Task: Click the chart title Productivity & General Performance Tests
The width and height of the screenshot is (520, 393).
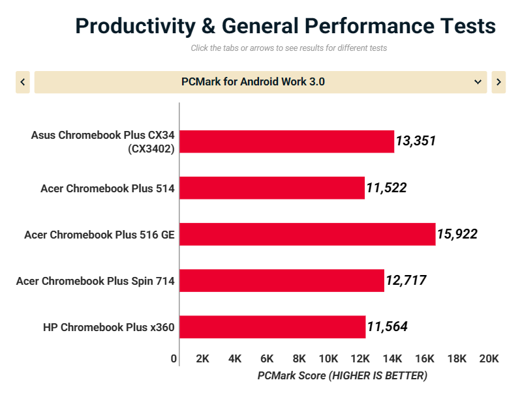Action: click(285, 26)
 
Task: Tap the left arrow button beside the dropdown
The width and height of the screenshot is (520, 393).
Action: click(23, 82)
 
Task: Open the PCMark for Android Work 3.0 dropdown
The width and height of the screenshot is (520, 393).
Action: click(260, 82)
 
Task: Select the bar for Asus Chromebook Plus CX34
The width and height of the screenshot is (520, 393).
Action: click(286, 141)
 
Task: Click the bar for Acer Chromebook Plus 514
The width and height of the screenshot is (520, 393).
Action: click(272, 188)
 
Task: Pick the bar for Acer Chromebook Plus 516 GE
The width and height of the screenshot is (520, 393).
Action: click(307, 234)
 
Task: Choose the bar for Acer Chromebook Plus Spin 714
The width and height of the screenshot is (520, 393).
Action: click(282, 280)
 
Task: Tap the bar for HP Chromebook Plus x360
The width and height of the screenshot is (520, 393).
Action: click(272, 327)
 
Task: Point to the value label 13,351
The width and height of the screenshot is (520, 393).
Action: click(416, 141)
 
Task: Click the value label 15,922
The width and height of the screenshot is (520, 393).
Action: click(457, 234)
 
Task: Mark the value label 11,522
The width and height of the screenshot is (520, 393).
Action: click(386, 188)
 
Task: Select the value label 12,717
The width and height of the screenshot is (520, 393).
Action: click(405, 280)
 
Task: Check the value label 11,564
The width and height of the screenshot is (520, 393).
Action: click(387, 327)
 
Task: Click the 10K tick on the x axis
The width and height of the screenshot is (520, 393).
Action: click(328, 358)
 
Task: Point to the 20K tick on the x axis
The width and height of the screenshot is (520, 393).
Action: click(489, 358)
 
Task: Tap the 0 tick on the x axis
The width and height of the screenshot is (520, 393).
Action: click(174, 358)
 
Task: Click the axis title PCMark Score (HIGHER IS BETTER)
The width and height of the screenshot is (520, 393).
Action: click(342, 375)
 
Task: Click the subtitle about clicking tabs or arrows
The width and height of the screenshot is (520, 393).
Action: click(288, 48)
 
